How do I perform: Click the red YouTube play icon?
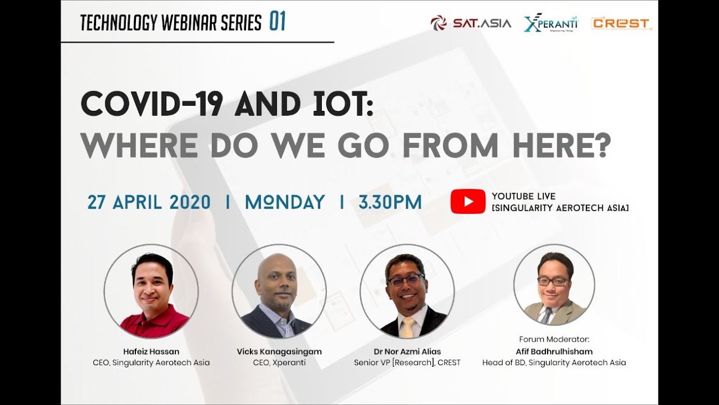468,201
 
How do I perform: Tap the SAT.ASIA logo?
471,24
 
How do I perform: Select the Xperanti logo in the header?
551,22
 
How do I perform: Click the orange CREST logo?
621,24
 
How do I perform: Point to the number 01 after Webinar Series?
277,21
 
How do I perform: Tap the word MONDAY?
285,202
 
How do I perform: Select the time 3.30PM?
390,202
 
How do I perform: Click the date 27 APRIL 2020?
149,202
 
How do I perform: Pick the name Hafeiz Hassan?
151,352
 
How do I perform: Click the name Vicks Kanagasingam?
279,352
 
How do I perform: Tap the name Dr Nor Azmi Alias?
407,352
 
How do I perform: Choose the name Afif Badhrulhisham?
554,352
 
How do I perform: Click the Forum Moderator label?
554,339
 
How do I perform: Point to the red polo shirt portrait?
151,291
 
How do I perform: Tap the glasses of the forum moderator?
553,281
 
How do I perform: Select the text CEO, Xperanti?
279,363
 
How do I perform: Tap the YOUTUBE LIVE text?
524,196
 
